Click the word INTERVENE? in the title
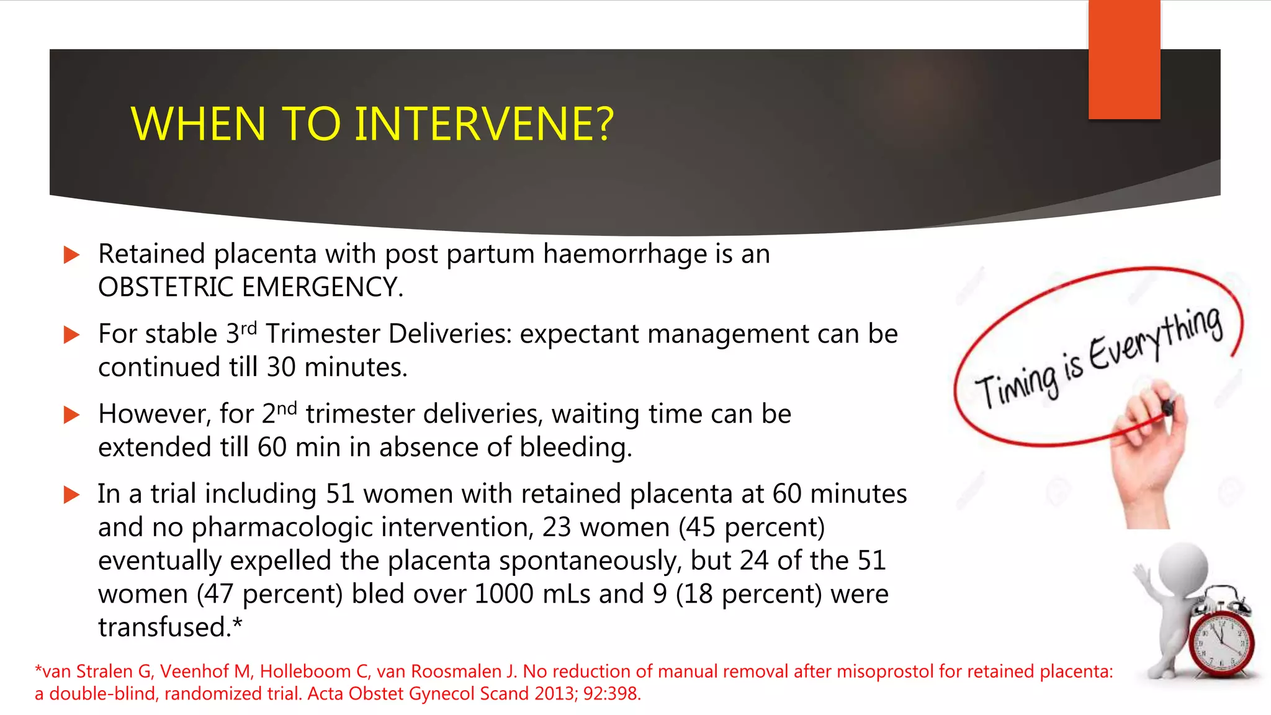point(483,124)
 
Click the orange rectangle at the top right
point(1124,59)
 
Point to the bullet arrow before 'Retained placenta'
point(72,254)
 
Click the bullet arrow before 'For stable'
point(72,335)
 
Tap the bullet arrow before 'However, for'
point(72,415)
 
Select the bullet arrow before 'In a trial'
point(72,495)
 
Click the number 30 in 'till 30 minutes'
point(281,367)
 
